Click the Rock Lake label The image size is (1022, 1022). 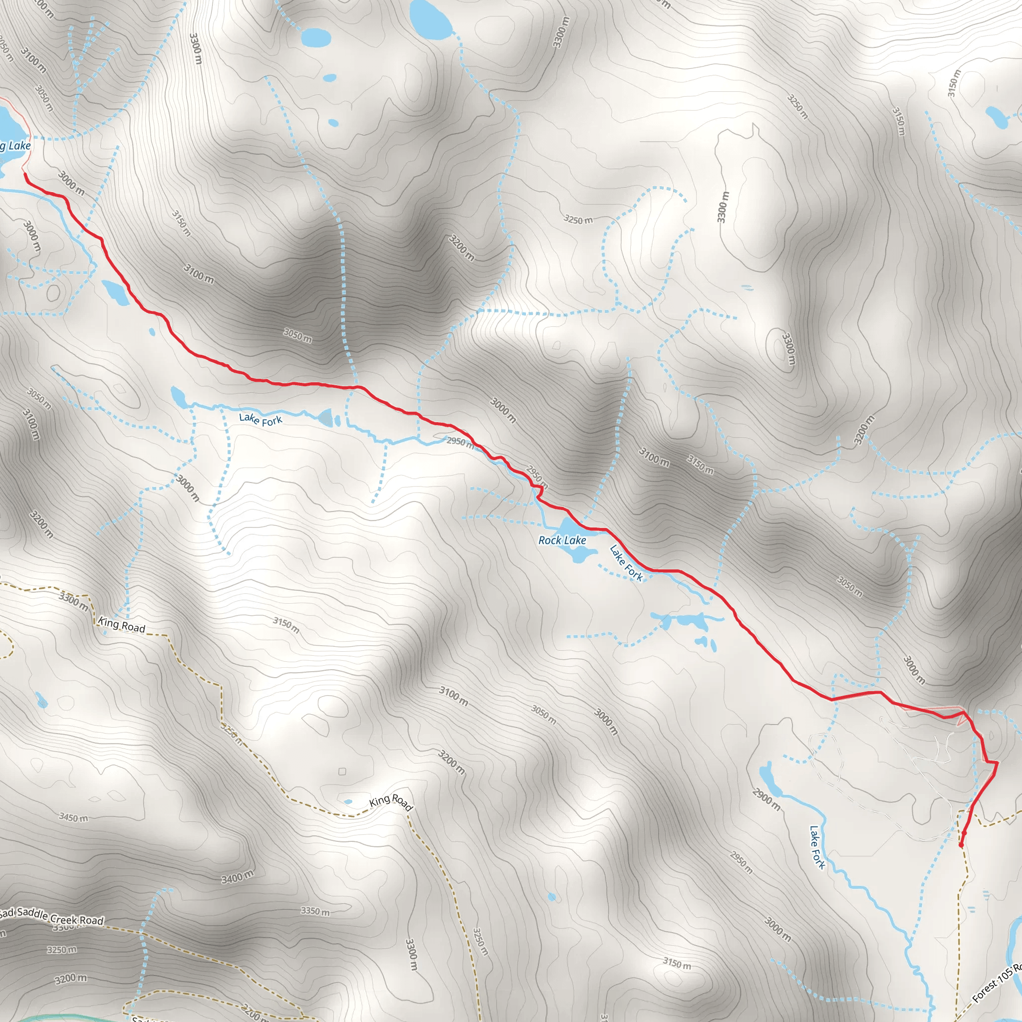(x=562, y=540)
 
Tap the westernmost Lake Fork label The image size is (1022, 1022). (x=260, y=420)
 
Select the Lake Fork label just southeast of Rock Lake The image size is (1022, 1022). (x=626, y=563)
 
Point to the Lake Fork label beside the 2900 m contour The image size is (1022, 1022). (x=817, y=847)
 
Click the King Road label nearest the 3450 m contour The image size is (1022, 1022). (x=122, y=625)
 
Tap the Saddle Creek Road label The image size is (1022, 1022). (x=58, y=916)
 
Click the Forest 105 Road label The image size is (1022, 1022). (x=998, y=982)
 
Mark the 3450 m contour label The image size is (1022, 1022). (x=73, y=818)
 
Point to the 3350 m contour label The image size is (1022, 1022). (x=315, y=911)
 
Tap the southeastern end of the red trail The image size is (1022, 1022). (x=961, y=845)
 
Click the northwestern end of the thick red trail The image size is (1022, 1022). (x=25, y=174)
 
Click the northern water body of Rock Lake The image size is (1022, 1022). (x=569, y=527)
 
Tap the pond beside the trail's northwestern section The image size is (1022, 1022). (x=116, y=292)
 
